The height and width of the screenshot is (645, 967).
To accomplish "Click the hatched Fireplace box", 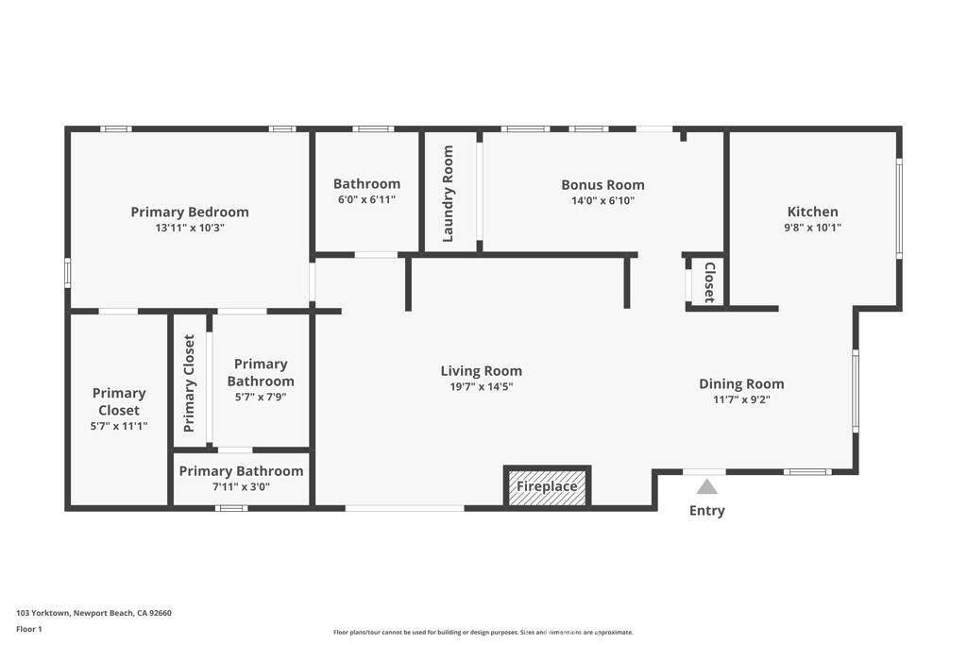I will [547, 487].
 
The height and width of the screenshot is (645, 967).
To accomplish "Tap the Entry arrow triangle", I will [706, 487].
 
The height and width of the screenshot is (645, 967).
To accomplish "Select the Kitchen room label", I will [812, 212].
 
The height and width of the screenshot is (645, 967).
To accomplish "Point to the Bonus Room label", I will [602, 185].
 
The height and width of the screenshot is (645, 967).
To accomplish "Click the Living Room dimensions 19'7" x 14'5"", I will [481, 386].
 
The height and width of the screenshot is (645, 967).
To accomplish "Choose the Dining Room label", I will [741, 383].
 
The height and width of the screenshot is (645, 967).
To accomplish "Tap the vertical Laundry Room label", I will [449, 193].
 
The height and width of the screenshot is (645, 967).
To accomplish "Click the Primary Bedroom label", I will [190, 212].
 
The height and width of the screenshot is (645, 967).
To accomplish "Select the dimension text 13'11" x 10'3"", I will [190, 228].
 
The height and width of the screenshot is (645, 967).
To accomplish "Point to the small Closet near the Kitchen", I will [709, 281].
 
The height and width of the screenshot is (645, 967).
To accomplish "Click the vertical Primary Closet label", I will [190, 382].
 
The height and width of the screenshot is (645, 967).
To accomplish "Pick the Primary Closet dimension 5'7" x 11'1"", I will [119, 426].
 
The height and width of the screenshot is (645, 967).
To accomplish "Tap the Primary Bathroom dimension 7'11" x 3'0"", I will [241, 487].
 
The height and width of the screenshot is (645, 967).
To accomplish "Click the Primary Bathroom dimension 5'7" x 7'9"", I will [261, 397].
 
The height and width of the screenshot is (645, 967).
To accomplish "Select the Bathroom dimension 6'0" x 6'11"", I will [366, 199].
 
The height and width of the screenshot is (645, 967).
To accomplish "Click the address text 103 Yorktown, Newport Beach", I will [93, 613].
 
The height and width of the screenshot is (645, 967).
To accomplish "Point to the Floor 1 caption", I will [29, 629].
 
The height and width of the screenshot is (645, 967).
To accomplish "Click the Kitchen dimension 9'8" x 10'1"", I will [812, 227].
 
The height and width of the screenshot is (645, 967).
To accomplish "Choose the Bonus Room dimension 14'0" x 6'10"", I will [602, 200].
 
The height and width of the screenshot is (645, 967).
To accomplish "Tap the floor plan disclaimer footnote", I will [483, 632].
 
